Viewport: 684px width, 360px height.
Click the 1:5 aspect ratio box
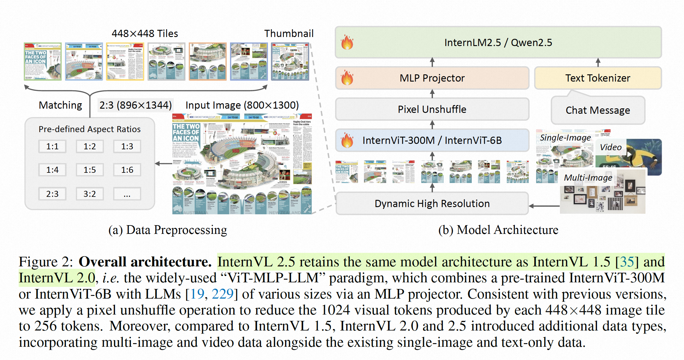click(90, 170)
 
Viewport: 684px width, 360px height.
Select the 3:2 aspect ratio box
click(90, 194)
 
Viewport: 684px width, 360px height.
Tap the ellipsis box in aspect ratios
click(127, 194)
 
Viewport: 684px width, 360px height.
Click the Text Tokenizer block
click(598, 78)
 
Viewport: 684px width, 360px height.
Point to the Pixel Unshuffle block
click(432, 109)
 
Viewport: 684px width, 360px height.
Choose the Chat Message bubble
click(598, 110)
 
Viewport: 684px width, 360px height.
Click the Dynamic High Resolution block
click(432, 204)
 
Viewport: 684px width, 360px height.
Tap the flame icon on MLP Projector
click(347, 78)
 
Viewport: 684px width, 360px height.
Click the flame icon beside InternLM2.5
click(347, 42)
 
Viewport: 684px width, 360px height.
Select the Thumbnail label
click(289, 33)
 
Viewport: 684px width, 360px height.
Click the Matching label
click(61, 105)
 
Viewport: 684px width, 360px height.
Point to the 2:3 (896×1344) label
click(135, 105)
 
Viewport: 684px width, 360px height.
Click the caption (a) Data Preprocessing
click(168, 230)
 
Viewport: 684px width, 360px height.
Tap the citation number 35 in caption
click(627, 262)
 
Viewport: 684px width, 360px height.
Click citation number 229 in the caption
click(222, 294)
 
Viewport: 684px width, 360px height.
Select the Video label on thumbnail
click(611, 147)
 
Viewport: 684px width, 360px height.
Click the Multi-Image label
click(588, 178)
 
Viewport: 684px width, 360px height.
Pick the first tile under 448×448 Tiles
click(43, 61)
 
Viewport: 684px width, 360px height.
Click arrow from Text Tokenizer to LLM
click(598, 63)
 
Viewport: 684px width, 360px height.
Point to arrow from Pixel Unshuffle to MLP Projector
click(432, 94)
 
